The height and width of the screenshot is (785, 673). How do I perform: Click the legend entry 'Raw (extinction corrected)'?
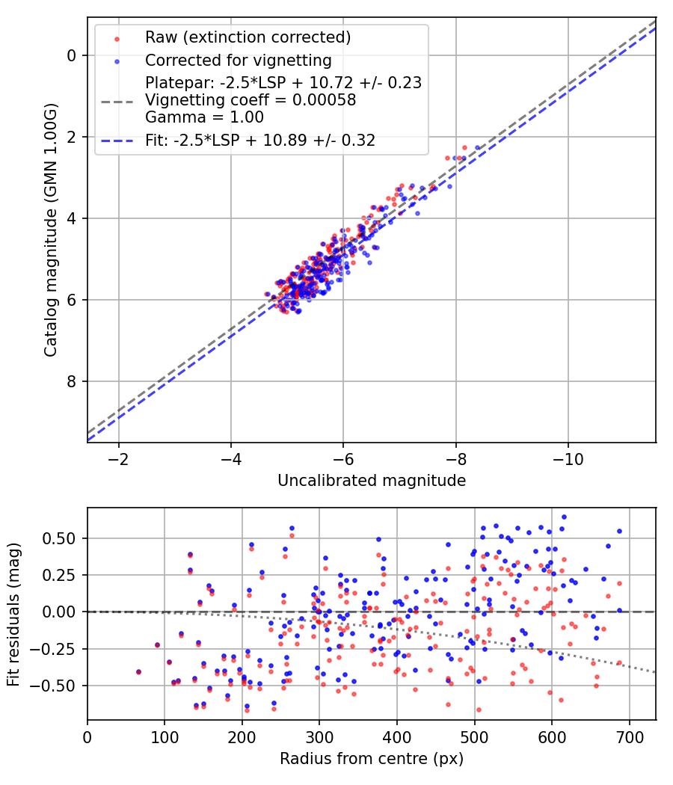click(248, 37)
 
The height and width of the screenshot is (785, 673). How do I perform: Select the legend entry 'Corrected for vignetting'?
click(238, 60)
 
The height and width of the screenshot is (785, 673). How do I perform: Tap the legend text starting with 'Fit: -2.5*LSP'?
click(260, 140)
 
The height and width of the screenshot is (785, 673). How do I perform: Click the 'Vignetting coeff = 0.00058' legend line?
click(251, 99)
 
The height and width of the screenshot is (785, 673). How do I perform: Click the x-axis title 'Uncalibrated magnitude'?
click(372, 481)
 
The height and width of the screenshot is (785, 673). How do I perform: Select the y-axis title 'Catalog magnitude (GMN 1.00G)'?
click(50, 230)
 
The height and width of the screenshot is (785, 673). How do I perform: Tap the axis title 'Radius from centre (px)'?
click(372, 759)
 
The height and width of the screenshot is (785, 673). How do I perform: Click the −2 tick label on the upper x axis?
click(118, 459)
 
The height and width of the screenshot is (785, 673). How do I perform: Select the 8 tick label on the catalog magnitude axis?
click(72, 382)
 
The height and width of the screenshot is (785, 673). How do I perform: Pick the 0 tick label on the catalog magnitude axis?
click(72, 55)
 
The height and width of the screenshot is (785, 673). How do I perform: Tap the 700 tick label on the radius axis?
click(629, 737)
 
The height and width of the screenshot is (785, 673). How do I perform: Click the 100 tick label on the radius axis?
click(165, 737)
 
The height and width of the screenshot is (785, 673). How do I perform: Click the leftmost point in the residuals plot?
click(138, 672)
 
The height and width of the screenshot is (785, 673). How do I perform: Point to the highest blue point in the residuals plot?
click(564, 517)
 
